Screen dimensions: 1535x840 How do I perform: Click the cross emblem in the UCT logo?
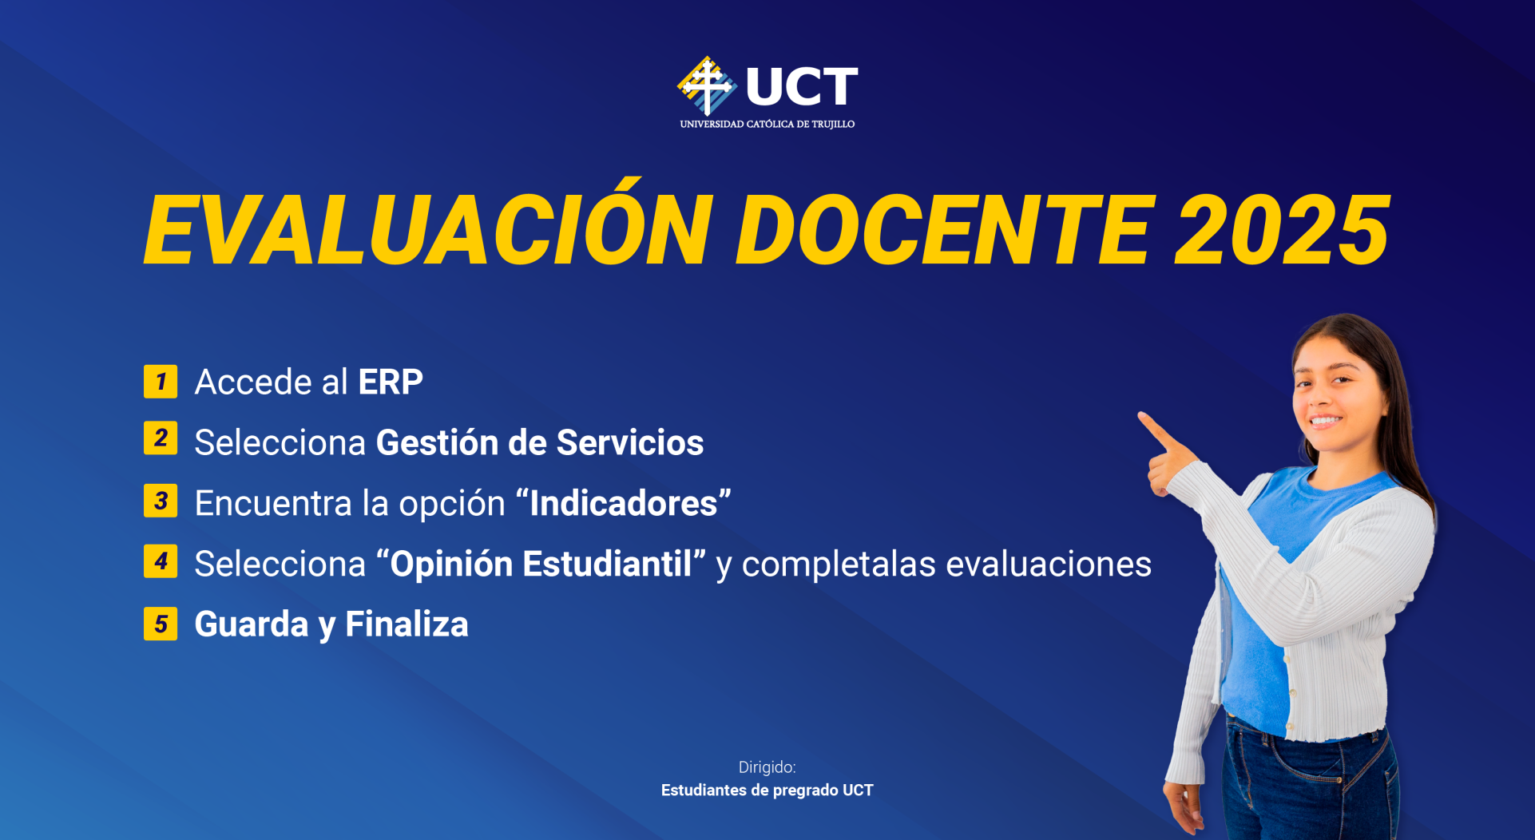[707, 85]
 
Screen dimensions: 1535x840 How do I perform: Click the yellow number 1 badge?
[161, 382]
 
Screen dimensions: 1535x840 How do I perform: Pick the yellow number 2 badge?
[161, 438]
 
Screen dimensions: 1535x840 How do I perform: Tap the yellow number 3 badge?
[161, 501]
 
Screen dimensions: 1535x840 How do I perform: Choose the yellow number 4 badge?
[161, 561]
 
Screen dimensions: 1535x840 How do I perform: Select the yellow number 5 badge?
[161, 624]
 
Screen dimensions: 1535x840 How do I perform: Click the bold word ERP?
[391, 382]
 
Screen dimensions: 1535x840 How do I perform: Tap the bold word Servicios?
[630, 443]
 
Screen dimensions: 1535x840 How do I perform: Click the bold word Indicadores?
[624, 504]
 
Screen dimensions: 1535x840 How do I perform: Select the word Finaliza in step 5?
[407, 624]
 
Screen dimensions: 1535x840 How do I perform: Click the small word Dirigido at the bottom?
[767, 767]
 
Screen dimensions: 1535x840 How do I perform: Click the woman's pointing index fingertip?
[1143, 416]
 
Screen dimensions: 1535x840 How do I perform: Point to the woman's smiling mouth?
[1326, 420]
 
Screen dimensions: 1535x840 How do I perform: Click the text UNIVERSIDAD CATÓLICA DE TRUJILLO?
[767, 125]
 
